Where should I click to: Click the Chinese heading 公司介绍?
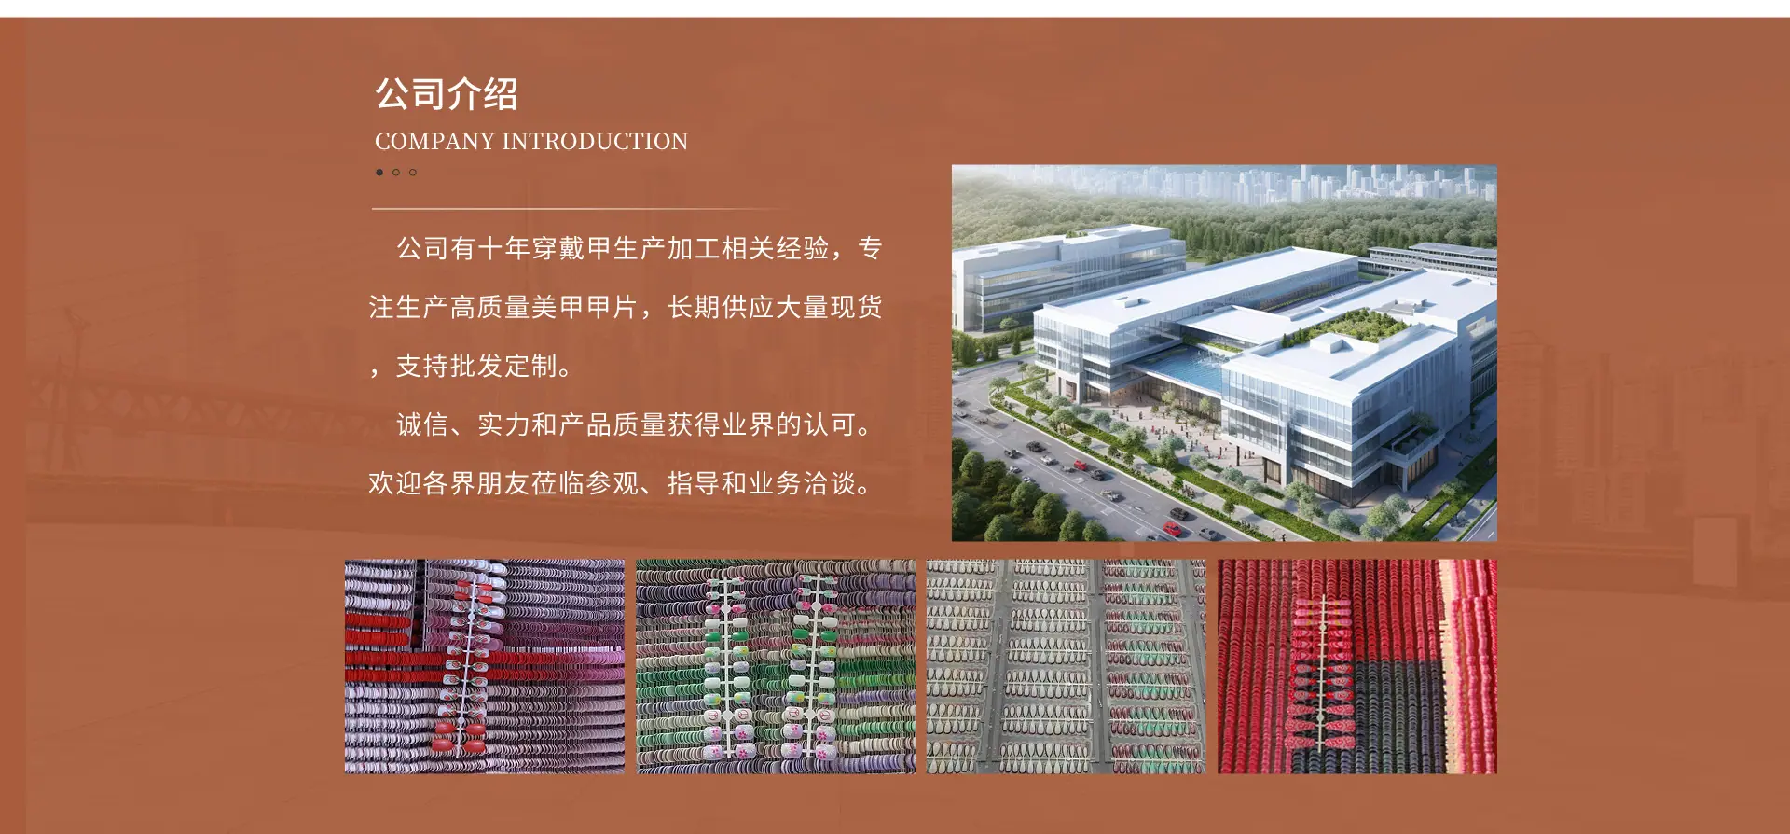[447, 94]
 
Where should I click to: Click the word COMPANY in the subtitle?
[434, 142]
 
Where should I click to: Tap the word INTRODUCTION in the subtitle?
[595, 142]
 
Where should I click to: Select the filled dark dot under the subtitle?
[379, 173]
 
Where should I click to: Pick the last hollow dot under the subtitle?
[413, 173]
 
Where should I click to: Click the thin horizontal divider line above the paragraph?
[578, 208]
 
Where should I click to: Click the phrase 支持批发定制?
[476, 366]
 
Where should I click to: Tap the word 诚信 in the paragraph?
[423, 424]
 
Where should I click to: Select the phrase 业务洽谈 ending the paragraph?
[802, 483]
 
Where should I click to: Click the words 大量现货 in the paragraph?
[829, 307]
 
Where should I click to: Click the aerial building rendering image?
[1224, 354]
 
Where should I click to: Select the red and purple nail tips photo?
[485, 666]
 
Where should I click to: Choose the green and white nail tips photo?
[776, 666]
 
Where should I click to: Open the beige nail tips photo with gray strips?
[1067, 666]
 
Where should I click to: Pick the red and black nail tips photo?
[1357, 666]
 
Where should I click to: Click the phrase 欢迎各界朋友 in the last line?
[449, 483]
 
